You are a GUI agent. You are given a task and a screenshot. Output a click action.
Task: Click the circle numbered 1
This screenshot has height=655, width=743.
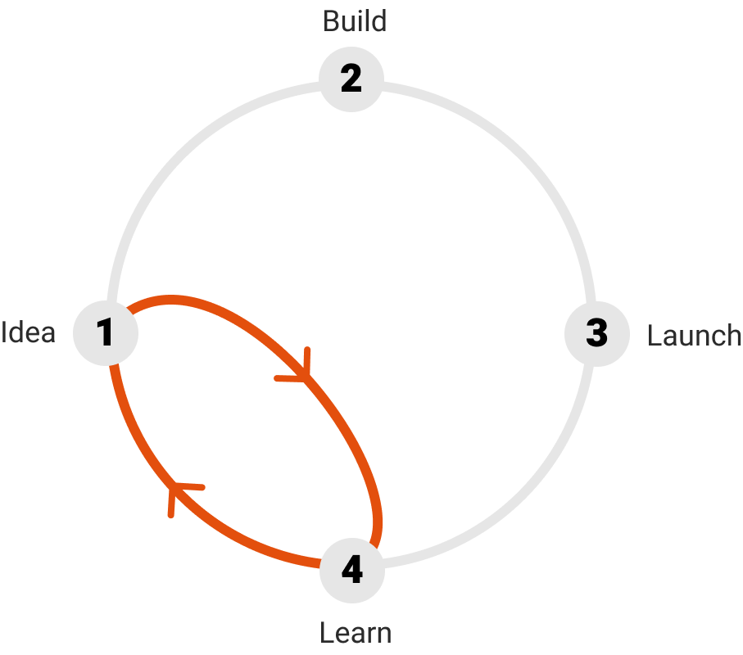pos(106,333)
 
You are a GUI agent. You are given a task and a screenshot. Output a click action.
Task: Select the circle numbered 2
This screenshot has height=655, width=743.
pos(351,79)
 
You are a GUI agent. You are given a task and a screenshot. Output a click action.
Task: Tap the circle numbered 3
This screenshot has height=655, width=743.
pos(597,334)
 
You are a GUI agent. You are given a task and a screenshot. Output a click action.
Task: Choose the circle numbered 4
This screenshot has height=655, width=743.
pos(352,570)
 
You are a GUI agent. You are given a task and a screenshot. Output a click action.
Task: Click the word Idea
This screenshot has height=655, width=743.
pos(29,332)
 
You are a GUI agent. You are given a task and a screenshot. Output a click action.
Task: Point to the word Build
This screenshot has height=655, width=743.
pos(355,21)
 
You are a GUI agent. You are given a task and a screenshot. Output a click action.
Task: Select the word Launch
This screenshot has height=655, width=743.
pos(694,336)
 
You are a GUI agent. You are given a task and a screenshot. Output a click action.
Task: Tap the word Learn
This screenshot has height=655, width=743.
pos(356,633)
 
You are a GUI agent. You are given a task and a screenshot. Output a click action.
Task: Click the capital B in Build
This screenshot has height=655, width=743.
pos(331,22)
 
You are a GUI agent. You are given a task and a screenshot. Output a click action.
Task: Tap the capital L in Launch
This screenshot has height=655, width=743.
pos(655,336)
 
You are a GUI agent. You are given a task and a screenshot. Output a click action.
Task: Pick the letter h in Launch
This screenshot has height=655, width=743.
pos(732,336)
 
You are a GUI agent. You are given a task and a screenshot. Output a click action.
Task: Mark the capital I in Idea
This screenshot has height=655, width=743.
pos(4,332)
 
